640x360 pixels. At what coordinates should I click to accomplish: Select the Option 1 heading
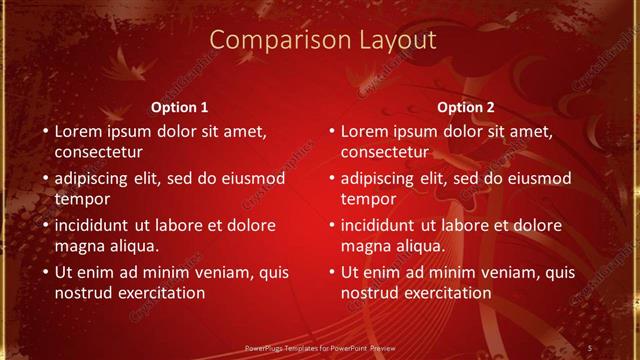coord(180,106)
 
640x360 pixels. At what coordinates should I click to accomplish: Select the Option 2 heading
coord(466,106)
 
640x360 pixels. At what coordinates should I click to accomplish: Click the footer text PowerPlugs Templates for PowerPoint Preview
coord(319,347)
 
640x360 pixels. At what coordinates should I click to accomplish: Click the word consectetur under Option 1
coord(98,153)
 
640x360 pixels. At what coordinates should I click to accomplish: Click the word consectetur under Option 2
coord(385,153)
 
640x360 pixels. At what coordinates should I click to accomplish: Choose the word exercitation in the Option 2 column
coord(445,293)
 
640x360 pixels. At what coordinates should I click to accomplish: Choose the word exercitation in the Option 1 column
coord(159,293)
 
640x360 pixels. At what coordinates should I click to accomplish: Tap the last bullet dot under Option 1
coord(44,272)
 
